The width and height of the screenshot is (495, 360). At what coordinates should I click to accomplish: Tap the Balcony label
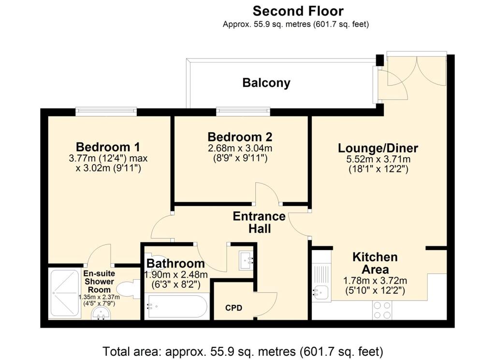266,83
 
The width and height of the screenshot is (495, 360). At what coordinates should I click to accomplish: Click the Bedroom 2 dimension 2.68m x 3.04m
240,148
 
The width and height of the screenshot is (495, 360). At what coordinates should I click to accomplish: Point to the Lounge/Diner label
378,148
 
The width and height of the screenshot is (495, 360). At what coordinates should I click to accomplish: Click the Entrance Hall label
259,222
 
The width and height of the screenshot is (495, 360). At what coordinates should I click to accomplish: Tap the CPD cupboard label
233,308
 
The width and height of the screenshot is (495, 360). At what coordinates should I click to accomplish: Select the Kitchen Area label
375,263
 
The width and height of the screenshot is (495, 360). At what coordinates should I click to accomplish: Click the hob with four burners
382,310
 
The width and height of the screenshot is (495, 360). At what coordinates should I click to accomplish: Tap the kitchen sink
320,291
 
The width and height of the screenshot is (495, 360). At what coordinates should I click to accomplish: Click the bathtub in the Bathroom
177,306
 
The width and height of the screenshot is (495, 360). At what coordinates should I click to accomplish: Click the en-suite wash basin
102,315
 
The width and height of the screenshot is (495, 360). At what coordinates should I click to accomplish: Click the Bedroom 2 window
243,112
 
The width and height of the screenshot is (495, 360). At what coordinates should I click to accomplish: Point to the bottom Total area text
243,350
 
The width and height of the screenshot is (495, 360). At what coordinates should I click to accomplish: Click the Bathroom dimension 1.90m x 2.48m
176,275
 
